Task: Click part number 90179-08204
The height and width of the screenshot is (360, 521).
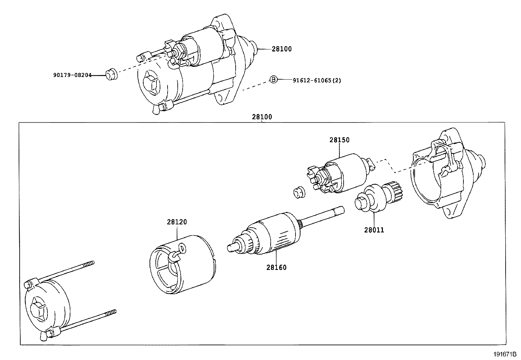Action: [x=72, y=75]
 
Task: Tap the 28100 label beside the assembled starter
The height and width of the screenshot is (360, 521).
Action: [x=281, y=49]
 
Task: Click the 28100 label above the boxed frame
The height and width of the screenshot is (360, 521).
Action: [x=262, y=117]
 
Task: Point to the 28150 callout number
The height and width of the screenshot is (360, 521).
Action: [x=339, y=140]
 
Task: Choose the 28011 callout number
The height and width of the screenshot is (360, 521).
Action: [x=374, y=230]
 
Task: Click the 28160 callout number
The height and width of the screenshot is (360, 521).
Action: [x=276, y=267]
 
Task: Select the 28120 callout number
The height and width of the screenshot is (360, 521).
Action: [x=177, y=222]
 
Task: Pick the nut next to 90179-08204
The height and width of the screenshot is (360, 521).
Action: [x=111, y=74]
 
